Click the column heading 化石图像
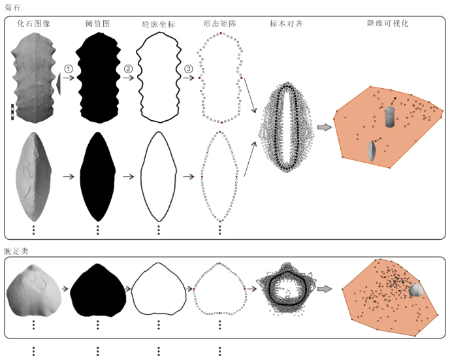pyautogui.click(x=33, y=24)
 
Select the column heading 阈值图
pyautogui.click(x=97, y=24)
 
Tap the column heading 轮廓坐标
pyautogui.click(x=159, y=24)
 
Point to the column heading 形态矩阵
pyautogui.click(x=220, y=24)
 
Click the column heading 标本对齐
pyautogui.click(x=286, y=24)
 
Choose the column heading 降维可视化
pyautogui.click(x=388, y=24)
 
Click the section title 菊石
pyautogui.click(x=12, y=7)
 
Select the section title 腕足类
pyautogui.click(x=16, y=251)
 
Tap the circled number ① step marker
pyautogui.click(x=69, y=69)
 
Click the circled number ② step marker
pyautogui.click(x=128, y=69)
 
